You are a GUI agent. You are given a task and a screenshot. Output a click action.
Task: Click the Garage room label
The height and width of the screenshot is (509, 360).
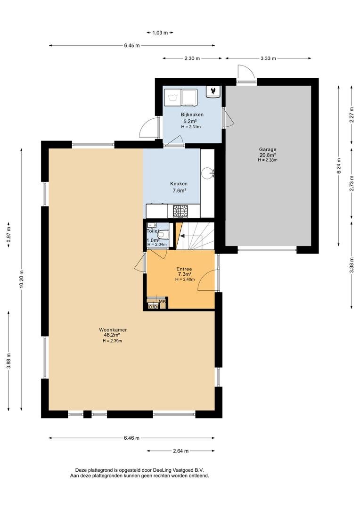[268, 150]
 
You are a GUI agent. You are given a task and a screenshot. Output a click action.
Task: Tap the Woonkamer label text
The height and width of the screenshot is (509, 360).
[113, 330]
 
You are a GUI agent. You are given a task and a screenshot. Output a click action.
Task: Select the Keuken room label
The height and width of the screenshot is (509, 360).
[179, 184]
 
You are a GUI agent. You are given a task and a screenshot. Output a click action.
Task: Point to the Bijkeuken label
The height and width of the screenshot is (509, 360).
[192, 115]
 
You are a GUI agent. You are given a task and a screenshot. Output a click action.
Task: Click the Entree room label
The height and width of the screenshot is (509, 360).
[184, 269]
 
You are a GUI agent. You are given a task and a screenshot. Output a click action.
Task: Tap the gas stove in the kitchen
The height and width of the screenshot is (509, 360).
[180, 211]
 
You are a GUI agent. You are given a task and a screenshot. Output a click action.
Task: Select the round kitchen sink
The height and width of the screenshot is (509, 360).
[207, 172]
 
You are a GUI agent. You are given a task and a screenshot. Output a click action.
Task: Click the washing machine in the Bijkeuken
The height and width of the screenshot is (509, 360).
[172, 97]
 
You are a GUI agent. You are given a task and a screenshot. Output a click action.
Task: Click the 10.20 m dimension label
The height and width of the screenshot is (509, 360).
[21, 279]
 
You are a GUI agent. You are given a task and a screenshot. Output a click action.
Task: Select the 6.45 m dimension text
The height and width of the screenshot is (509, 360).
[132, 46]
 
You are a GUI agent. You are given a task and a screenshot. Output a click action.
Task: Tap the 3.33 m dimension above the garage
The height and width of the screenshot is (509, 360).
[268, 58]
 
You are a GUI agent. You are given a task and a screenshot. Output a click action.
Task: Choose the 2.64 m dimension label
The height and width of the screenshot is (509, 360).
[180, 451]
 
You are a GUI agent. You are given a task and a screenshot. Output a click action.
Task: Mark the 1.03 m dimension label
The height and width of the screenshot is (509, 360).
[160, 33]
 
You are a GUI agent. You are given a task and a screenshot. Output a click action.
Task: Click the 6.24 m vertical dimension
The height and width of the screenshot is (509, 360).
[339, 166]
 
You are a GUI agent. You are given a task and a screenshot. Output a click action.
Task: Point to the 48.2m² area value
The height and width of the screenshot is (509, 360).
[112, 335]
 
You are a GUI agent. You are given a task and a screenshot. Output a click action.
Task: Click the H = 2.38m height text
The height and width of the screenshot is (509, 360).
[268, 160]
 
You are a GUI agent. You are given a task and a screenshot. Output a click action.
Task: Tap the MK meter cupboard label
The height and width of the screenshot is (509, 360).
[162, 301]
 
